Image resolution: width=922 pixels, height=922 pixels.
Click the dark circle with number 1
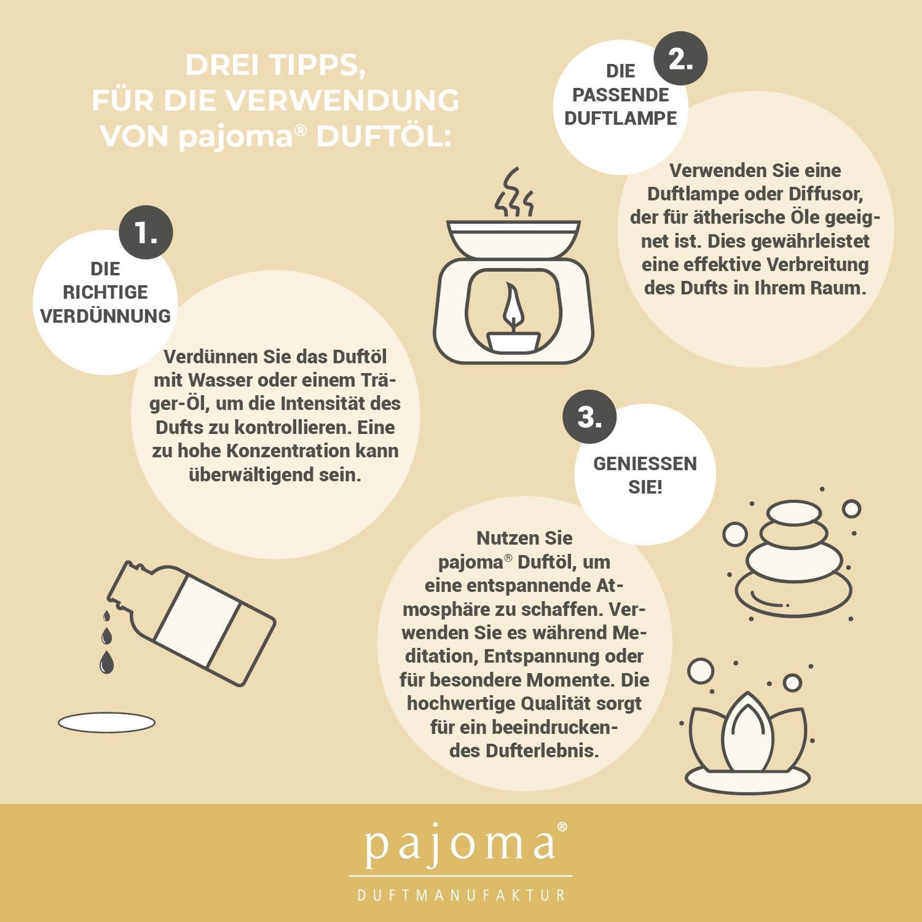tap(146, 232)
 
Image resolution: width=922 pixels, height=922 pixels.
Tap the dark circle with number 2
tap(680, 58)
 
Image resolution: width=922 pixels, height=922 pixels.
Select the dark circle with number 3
tap(589, 417)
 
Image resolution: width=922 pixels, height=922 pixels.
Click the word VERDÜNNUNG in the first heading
tap(106, 316)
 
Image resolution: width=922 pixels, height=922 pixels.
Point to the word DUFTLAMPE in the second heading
tap(621, 118)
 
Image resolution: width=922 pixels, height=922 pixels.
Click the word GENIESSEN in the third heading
tap(645, 463)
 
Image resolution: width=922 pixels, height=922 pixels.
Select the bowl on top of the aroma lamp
tap(514, 239)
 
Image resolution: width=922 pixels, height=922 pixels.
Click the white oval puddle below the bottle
tap(106, 722)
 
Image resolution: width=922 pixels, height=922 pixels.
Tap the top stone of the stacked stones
tap(794, 513)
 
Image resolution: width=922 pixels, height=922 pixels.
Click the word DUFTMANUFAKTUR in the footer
tap(462, 895)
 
